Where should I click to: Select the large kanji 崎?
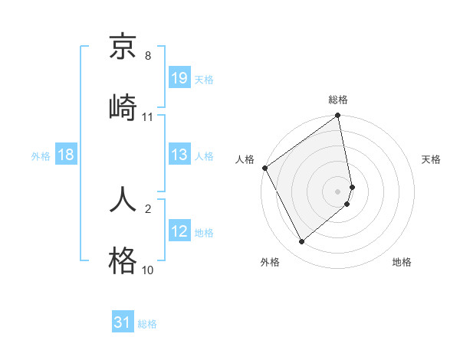[x=123, y=106]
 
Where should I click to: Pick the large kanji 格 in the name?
[x=123, y=261]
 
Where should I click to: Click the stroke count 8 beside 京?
[x=148, y=56]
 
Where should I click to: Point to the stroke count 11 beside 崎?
[x=148, y=116]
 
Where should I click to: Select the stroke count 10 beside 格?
[x=148, y=270]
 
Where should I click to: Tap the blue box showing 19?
[x=179, y=78]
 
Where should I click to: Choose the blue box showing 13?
[x=179, y=155]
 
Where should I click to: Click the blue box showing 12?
[x=179, y=231]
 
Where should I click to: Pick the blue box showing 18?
[x=66, y=155]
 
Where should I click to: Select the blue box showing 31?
[x=123, y=322]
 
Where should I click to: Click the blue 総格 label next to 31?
[x=147, y=324]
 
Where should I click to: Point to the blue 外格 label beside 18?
[x=41, y=156]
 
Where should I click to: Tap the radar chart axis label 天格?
[x=431, y=159]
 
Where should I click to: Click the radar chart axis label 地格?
[x=402, y=263]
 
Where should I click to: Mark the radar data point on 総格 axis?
[x=338, y=116]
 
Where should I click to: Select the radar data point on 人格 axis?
[x=264, y=168]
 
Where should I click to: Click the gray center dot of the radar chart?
[x=338, y=191]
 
